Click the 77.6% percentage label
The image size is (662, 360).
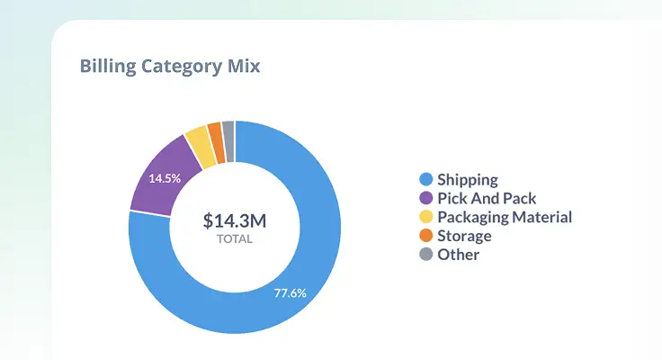tap(291, 292)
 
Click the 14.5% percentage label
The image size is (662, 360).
tap(165, 178)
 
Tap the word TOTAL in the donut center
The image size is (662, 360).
tap(235, 239)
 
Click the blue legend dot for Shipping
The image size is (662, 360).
tap(425, 180)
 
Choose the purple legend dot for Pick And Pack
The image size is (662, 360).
tap(425, 199)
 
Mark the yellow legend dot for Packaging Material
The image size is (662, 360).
tap(425, 217)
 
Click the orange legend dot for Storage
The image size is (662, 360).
tap(425, 236)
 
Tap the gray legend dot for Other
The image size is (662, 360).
tap(425, 255)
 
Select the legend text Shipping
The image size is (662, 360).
tap(468, 180)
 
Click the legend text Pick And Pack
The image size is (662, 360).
tap(487, 199)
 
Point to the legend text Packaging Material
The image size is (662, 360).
tap(505, 217)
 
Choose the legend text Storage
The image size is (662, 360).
tap(464, 236)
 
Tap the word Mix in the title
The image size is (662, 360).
tap(243, 67)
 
